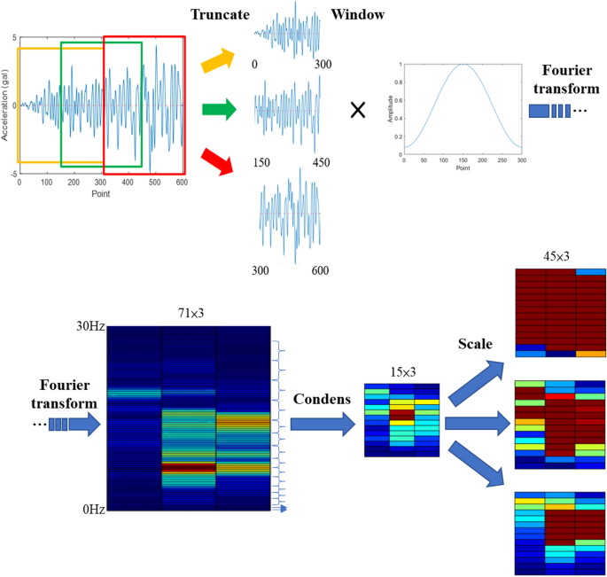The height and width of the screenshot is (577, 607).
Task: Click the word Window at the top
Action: coord(357,16)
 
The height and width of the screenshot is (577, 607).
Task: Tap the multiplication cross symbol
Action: coord(358,111)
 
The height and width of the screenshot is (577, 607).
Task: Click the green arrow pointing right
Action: coord(220,111)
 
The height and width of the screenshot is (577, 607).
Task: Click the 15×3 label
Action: coord(401,373)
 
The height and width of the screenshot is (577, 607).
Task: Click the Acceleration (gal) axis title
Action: coord(5,101)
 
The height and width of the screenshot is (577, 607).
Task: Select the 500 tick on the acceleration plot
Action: coord(155,183)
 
